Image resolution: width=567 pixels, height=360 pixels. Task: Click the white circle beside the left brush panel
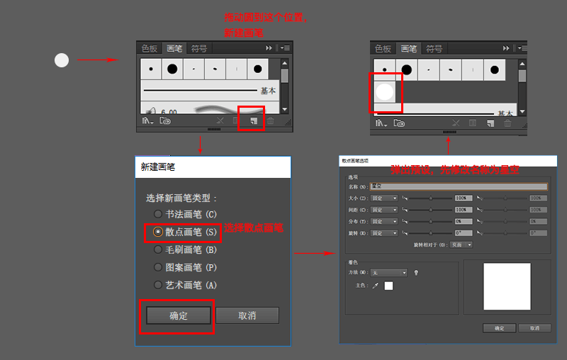(x=62, y=60)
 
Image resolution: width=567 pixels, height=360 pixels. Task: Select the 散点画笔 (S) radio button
(x=157, y=232)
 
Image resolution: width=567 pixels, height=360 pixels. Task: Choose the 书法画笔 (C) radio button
(x=157, y=214)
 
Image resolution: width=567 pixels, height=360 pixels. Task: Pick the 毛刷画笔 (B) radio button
(x=157, y=249)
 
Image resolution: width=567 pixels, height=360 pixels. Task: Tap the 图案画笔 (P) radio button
(x=157, y=267)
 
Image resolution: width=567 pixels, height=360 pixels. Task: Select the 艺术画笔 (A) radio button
(x=157, y=285)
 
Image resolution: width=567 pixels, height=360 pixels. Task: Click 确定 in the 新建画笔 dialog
(x=178, y=315)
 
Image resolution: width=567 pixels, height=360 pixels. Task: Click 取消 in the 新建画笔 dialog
(x=247, y=315)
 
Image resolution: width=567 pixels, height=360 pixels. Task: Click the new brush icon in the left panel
(x=253, y=121)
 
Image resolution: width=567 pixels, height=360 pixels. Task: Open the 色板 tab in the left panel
(x=150, y=48)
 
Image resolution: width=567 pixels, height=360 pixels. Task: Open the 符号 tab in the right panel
(x=434, y=49)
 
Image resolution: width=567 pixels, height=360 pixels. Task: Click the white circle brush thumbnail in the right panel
(x=384, y=91)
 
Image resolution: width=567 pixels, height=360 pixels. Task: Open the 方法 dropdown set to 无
(x=389, y=272)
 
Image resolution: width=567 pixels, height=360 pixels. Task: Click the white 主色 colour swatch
(x=388, y=286)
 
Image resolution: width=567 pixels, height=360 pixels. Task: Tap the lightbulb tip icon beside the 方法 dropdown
(x=417, y=272)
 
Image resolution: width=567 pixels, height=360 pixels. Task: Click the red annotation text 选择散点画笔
(x=254, y=228)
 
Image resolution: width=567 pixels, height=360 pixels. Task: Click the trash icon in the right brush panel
(x=507, y=123)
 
